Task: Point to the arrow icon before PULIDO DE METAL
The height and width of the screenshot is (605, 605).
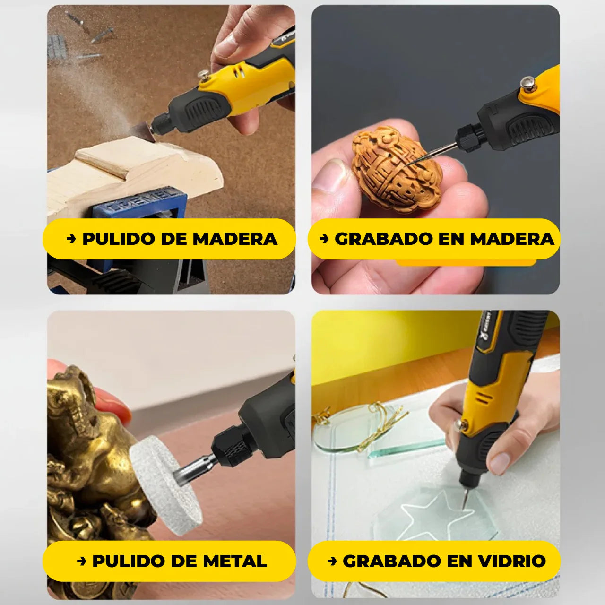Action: coord(81,561)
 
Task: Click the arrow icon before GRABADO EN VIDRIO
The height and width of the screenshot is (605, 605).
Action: coord(332,561)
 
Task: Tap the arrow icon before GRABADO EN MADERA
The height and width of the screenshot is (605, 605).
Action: coord(324,239)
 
